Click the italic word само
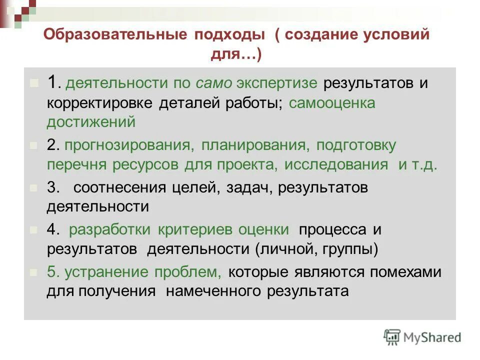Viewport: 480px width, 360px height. tap(214, 83)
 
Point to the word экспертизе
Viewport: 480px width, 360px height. tap(278, 83)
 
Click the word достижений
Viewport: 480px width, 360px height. tap(91, 121)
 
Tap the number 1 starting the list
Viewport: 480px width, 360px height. tap(53, 82)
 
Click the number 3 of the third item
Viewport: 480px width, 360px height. tap(52, 188)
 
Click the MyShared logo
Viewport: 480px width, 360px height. tap(422, 337)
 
